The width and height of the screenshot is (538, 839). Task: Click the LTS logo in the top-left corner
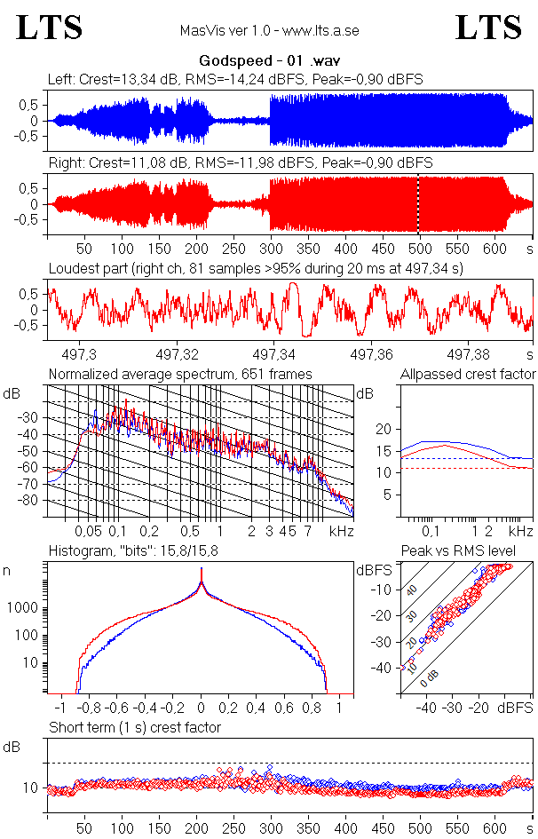coord(50,28)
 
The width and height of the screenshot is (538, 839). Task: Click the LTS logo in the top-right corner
coord(488,28)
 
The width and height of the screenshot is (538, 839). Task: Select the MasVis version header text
coord(269,31)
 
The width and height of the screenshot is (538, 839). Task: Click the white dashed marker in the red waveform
coord(419,204)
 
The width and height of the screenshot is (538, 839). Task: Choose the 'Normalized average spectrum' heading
coord(180,374)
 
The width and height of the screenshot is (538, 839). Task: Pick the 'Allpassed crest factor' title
coord(468,374)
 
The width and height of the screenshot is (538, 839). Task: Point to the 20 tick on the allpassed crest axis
coord(384,429)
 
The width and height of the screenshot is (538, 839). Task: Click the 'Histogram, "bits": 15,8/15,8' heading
coord(134,552)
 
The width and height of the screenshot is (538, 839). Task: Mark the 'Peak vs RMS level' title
coord(470,551)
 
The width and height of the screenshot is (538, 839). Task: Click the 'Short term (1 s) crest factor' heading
coord(135,728)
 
